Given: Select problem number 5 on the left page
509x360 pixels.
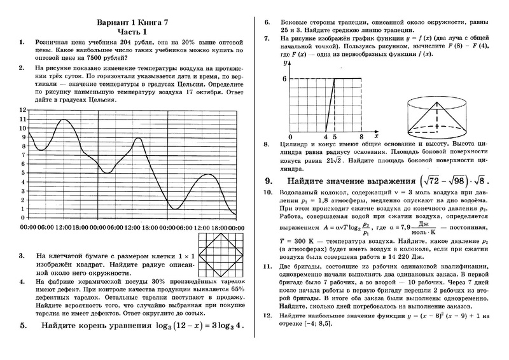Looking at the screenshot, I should click(24, 326).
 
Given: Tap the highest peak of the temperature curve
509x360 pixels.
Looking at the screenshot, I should click(64, 120).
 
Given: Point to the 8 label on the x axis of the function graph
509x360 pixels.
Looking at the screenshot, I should click(361, 137).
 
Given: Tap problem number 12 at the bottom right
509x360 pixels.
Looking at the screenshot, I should click(268, 315).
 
